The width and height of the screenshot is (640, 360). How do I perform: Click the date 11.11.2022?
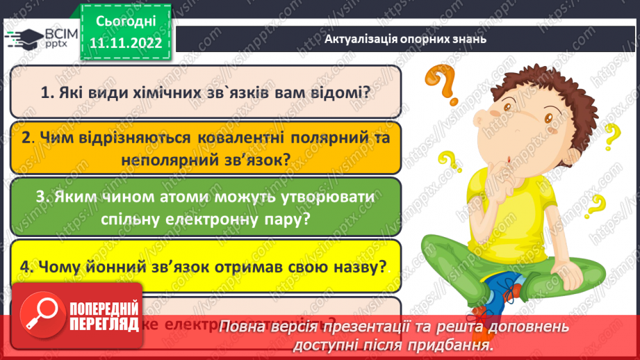point(126,42)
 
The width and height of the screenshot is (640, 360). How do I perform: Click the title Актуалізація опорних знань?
point(405,39)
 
